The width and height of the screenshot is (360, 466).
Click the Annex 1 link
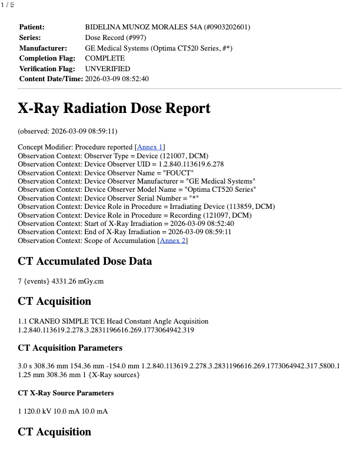pyautogui.click(x=150, y=147)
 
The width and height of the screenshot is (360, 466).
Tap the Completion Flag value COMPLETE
pyautogui.click(x=105, y=58)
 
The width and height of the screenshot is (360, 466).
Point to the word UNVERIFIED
pyautogui.click(x=108, y=69)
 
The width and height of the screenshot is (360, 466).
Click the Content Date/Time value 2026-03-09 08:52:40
pyautogui.click(x=117, y=79)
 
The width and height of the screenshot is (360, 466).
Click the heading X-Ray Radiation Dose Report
pyautogui.click(x=114, y=109)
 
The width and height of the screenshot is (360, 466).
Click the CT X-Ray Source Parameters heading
pyautogui.click(x=66, y=392)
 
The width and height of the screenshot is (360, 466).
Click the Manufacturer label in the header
pyautogui.click(x=43, y=48)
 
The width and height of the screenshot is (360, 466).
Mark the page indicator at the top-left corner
pyautogui.click(x=8, y=5)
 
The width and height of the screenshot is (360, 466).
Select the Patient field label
pyautogui.click(x=32, y=27)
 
